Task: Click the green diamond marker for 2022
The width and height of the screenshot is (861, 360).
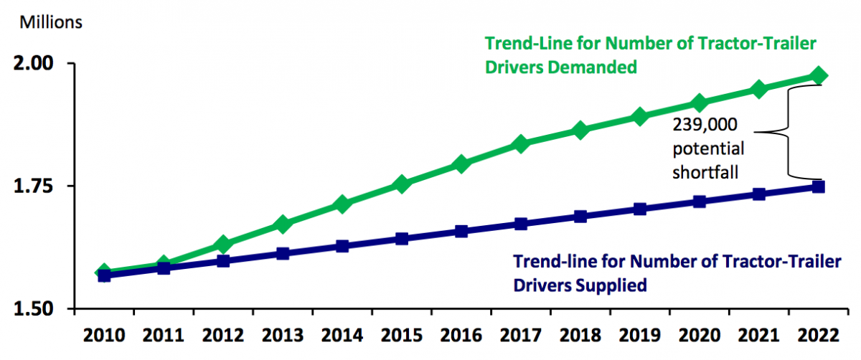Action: pos(819,76)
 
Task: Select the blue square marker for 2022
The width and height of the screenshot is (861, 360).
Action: pos(818,187)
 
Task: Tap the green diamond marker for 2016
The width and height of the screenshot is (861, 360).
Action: pos(462,164)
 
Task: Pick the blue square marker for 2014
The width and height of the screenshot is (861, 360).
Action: pos(342,247)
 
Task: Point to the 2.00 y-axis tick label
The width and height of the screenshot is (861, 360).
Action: pos(35,64)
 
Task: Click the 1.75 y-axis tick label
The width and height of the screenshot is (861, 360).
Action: pos(35,186)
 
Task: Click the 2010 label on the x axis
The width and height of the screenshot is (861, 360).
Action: pos(104,336)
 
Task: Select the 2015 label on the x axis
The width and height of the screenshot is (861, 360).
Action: pos(402,336)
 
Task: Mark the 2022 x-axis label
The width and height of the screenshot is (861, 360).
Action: pos(819,336)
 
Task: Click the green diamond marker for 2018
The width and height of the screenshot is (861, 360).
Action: pos(581,131)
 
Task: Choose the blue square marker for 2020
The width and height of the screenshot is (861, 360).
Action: pos(700,202)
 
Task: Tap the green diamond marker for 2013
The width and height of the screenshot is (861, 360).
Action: pos(283,224)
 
